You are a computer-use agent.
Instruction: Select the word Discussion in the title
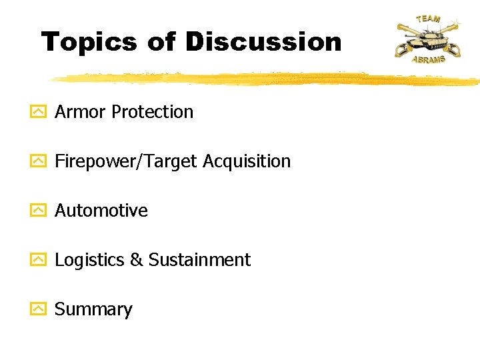[263, 41]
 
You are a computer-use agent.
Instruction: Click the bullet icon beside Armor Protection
[39, 112]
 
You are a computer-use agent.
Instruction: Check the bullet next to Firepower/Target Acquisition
[39, 161]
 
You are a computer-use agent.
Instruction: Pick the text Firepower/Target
[127, 161]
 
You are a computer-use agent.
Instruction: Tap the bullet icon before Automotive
[39, 211]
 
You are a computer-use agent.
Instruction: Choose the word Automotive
[101, 211]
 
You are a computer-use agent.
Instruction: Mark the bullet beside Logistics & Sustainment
[39, 260]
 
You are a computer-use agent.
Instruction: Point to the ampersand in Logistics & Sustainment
[136, 260]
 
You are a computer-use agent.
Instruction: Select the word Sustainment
[199, 260]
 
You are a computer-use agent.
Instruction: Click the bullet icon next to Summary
[39, 309]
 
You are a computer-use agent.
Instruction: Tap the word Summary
[93, 309]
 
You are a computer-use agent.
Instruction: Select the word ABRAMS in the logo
[428, 59]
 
